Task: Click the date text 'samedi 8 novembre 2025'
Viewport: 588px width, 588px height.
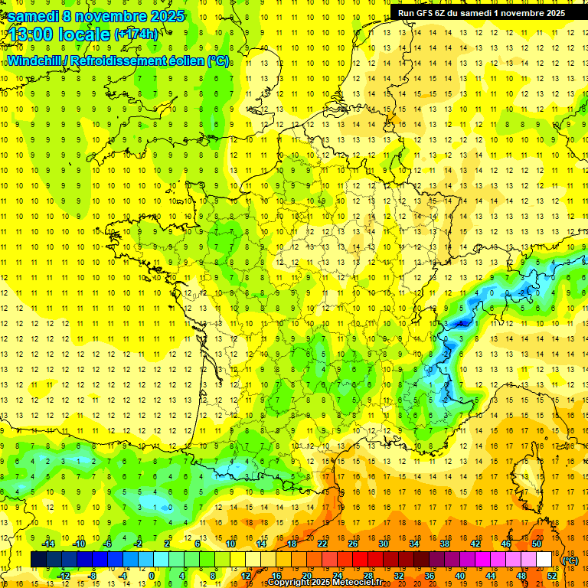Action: pyautogui.click(x=96, y=15)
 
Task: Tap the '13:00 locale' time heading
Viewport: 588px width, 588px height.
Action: pyautogui.click(x=57, y=34)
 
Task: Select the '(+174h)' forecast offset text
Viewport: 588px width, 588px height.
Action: pyautogui.click(x=136, y=34)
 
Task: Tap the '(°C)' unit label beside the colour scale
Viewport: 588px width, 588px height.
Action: pyautogui.click(x=570, y=560)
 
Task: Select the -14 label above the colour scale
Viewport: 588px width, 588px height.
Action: pyautogui.click(x=49, y=544)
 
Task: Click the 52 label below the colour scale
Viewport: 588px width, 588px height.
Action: pyautogui.click(x=552, y=575)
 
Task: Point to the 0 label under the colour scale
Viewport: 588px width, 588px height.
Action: pyautogui.click(x=152, y=575)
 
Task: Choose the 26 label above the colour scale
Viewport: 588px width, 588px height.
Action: pyautogui.click(x=353, y=544)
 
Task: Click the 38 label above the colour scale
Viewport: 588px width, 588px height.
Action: pyautogui.click(x=444, y=544)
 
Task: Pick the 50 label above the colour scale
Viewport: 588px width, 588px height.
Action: pyautogui.click(x=536, y=544)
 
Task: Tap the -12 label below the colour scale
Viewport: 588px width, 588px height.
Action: pyautogui.click(x=64, y=575)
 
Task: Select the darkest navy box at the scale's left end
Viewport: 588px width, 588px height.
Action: pyautogui.click(x=38, y=560)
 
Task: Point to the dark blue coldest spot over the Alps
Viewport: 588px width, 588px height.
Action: pyautogui.click(x=461, y=324)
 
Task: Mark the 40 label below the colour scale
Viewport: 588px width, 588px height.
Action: pyautogui.click(x=460, y=575)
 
